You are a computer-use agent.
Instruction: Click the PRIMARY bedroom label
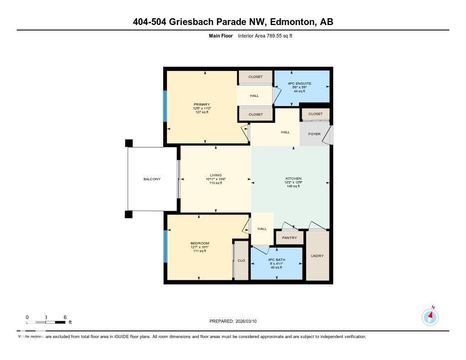(202, 104)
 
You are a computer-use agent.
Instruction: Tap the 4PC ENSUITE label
(299, 83)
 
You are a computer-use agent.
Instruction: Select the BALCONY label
(152, 179)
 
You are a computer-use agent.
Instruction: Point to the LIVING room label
(216, 175)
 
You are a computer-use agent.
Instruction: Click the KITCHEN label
(293, 178)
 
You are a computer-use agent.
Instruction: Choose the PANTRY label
(289, 238)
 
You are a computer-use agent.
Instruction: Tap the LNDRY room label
(317, 256)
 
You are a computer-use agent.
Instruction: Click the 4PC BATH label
(276, 259)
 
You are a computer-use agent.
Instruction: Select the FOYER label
(314, 134)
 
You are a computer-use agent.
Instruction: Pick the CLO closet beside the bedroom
(241, 260)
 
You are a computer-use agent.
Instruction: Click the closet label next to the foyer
(315, 114)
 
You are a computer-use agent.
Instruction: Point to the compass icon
(430, 317)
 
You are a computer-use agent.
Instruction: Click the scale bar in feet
(46, 322)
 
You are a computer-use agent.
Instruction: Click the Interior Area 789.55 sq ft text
(268, 35)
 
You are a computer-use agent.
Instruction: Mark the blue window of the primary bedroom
(165, 106)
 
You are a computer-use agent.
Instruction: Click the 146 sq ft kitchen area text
(293, 186)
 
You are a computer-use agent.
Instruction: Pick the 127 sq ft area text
(202, 112)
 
